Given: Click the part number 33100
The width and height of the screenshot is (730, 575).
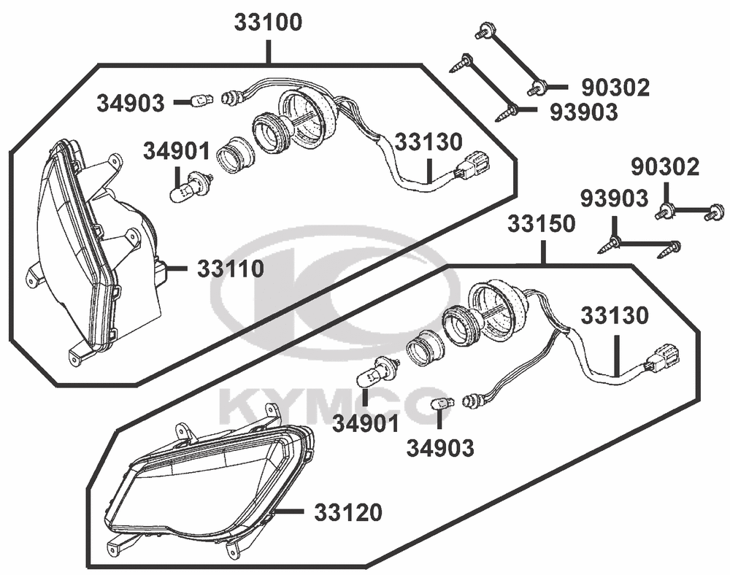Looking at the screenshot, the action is [x=268, y=23].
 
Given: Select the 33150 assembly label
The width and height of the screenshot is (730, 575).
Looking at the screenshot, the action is [x=542, y=224].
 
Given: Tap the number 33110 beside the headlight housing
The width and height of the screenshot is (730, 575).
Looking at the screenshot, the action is [x=231, y=269].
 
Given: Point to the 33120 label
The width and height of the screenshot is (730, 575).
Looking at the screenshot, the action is [x=348, y=512].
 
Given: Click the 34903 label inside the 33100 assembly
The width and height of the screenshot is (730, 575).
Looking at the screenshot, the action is [x=131, y=104].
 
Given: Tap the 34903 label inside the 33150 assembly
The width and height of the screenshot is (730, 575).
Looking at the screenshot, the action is [x=440, y=448].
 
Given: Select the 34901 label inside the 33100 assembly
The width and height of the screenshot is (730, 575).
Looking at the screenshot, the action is [x=177, y=151].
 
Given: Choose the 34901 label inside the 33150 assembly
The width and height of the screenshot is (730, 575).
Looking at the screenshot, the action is [x=366, y=424].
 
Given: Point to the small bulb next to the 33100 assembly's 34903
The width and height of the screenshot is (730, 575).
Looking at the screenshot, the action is [x=202, y=99].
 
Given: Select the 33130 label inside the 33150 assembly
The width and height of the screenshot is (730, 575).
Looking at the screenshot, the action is [x=614, y=316].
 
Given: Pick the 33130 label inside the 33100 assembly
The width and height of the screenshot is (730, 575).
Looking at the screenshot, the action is [x=428, y=142].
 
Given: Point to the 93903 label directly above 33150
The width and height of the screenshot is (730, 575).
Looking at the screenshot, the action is [x=614, y=198].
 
